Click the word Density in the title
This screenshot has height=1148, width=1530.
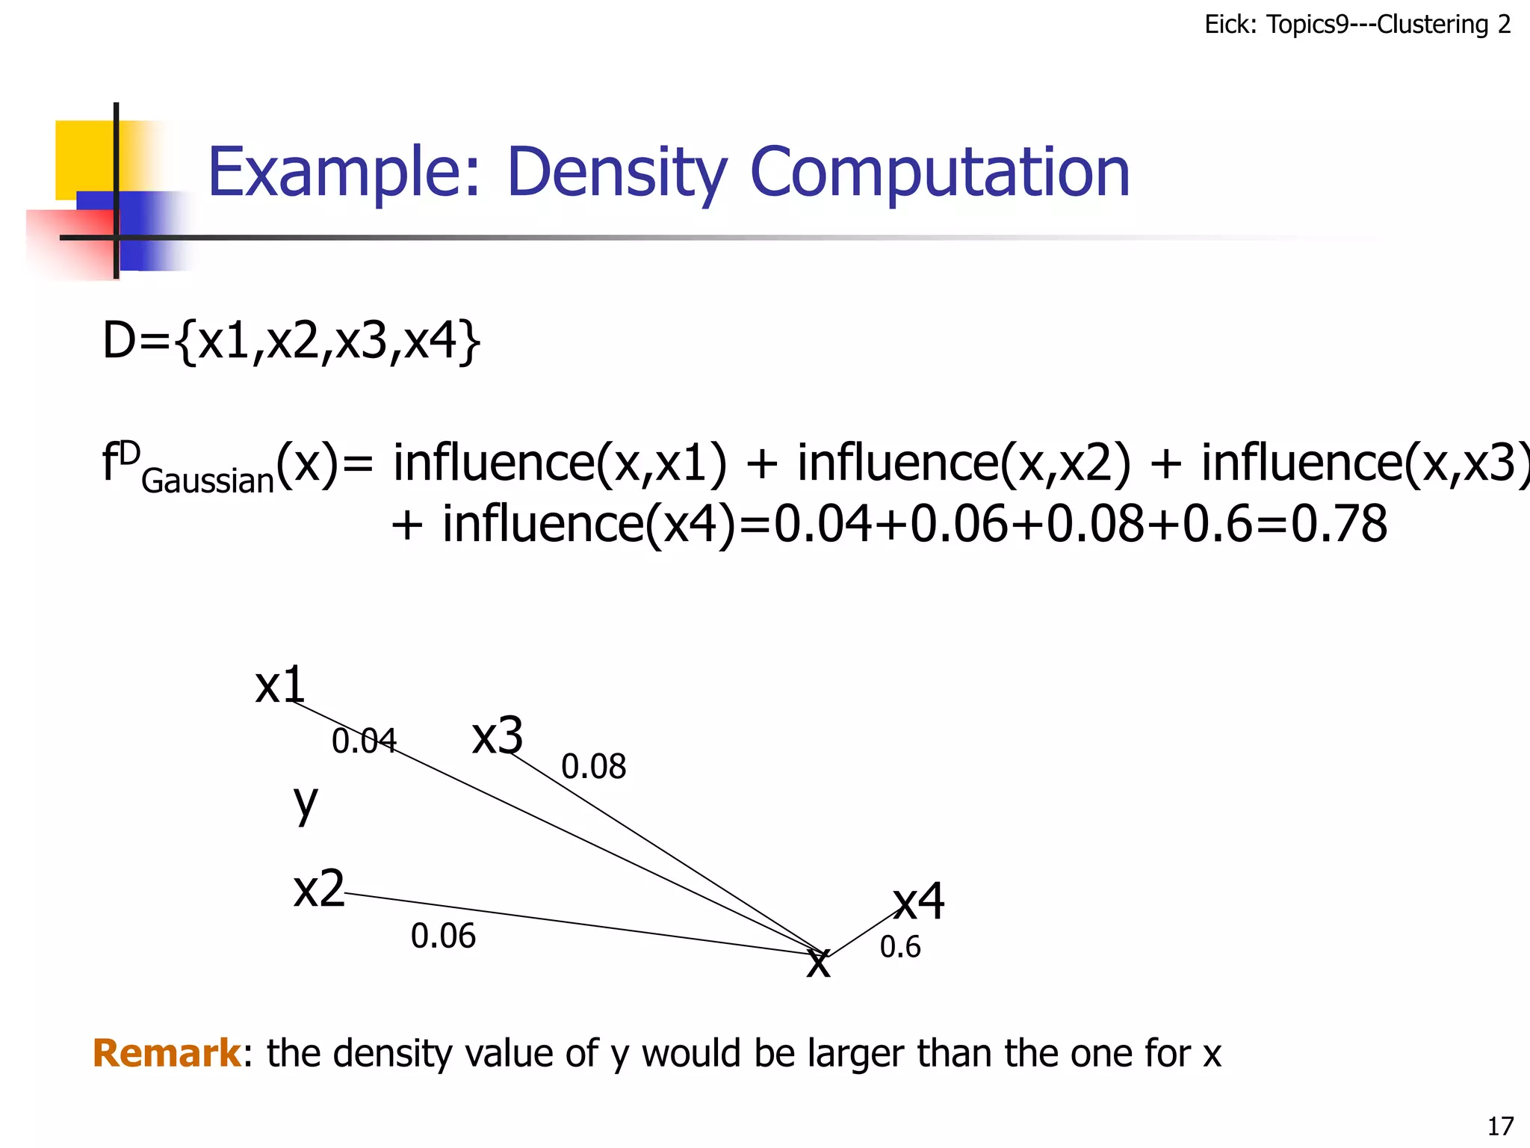click(x=617, y=173)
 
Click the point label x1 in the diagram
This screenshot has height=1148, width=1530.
click(x=280, y=685)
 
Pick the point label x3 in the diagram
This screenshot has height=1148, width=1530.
click(x=498, y=735)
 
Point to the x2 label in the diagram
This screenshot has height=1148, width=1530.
click(x=319, y=889)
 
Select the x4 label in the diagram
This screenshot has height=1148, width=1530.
click(x=920, y=901)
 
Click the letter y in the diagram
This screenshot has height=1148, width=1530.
click(x=306, y=804)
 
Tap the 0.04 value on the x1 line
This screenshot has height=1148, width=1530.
click(x=364, y=741)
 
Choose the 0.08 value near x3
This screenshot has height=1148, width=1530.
click(x=593, y=767)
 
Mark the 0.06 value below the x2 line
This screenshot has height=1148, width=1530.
click(x=443, y=936)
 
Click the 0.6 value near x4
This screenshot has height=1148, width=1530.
click(x=900, y=948)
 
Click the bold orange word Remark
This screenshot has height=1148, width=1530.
click(x=167, y=1053)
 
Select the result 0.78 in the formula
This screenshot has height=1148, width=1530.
click(x=1339, y=524)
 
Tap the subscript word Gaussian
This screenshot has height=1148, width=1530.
click(x=208, y=481)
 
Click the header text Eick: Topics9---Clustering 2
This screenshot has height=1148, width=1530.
click(x=1357, y=25)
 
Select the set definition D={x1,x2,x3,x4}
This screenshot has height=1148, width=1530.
click(x=291, y=341)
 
